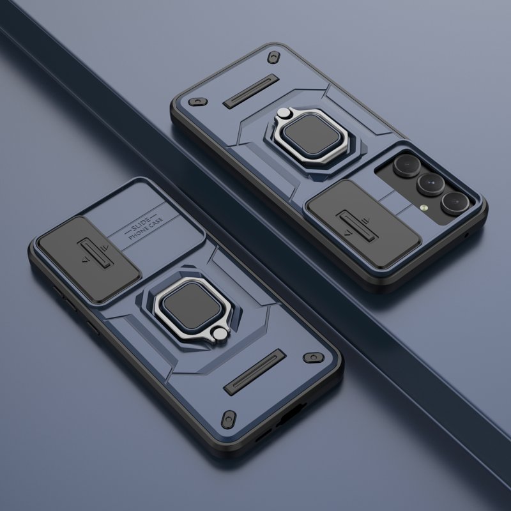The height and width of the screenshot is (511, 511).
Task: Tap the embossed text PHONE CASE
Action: (146, 228)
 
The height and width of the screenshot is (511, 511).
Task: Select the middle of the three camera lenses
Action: (431, 185)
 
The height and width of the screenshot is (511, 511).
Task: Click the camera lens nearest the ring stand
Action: (406, 165)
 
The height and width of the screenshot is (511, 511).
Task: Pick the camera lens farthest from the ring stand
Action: (455, 204)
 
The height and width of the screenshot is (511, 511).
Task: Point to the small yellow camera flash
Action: (423, 207)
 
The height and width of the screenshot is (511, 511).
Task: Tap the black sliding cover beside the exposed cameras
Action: (363, 223)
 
